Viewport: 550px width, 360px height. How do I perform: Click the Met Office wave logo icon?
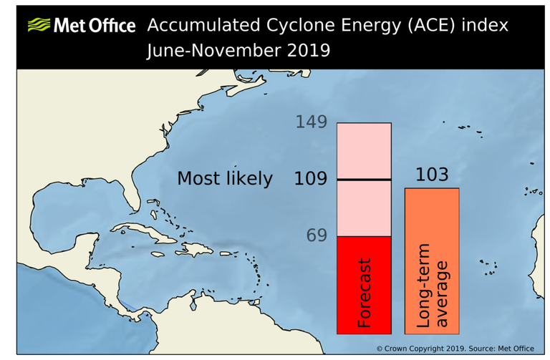[x=39, y=26]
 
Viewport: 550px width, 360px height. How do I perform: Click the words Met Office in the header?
[x=94, y=26]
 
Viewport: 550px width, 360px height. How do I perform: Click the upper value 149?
[x=312, y=122]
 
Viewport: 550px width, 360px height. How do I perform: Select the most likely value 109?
[x=311, y=179]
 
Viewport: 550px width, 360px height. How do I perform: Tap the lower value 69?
[x=316, y=235]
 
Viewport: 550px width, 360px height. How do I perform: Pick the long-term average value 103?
[x=431, y=175]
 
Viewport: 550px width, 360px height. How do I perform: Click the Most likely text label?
[x=225, y=179]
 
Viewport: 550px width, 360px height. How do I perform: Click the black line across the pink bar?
[x=364, y=180]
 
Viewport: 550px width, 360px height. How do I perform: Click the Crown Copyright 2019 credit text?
[x=455, y=349]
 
